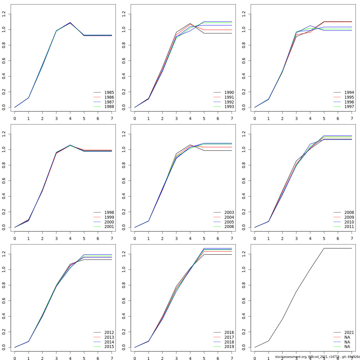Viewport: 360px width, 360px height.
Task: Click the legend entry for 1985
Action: click(109, 92)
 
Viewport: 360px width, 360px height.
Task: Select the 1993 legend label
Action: click(229, 107)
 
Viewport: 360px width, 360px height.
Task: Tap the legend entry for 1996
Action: click(349, 102)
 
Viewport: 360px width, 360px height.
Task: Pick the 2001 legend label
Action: click(109, 227)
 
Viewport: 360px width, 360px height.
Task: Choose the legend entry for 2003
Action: click(229, 212)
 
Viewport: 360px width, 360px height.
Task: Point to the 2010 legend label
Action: click(349, 222)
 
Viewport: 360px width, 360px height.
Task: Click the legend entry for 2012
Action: click(109, 332)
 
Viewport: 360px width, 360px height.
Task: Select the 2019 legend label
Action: click(229, 347)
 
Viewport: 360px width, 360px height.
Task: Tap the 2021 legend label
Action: click(349, 332)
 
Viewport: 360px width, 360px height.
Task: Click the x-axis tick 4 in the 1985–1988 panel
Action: click(70, 118)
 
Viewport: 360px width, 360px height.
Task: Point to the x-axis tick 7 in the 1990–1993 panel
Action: click(232, 118)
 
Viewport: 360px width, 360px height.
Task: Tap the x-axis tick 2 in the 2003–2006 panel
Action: click(162, 238)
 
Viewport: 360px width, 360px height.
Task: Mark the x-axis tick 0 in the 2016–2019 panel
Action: click(135, 358)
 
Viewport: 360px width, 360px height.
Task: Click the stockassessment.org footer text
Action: click(317, 357)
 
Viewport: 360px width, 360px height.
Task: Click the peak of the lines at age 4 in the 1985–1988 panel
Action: click(70, 22)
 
